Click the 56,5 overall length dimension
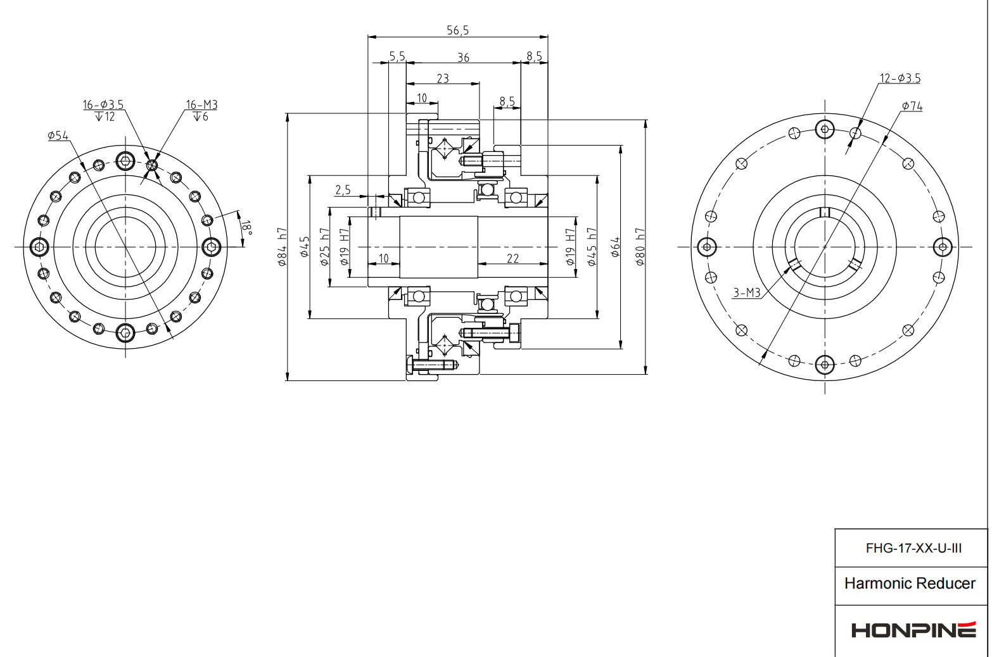[x=457, y=30]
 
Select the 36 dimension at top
[x=463, y=58]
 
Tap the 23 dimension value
[x=442, y=78]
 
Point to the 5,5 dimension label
[x=397, y=57]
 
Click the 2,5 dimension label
[x=343, y=190]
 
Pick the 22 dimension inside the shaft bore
[x=512, y=258]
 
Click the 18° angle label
[x=246, y=228]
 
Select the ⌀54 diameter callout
[x=58, y=135]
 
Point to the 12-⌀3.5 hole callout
[x=900, y=78]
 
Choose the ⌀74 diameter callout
[x=912, y=106]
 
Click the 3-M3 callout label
[x=746, y=292]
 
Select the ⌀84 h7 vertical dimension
[x=283, y=247]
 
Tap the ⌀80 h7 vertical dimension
[x=640, y=247]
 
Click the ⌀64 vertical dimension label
[x=615, y=247]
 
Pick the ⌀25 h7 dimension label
[x=324, y=247]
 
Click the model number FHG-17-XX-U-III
[x=913, y=548]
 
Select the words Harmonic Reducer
[x=910, y=584]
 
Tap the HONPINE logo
[x=913, y=630]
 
